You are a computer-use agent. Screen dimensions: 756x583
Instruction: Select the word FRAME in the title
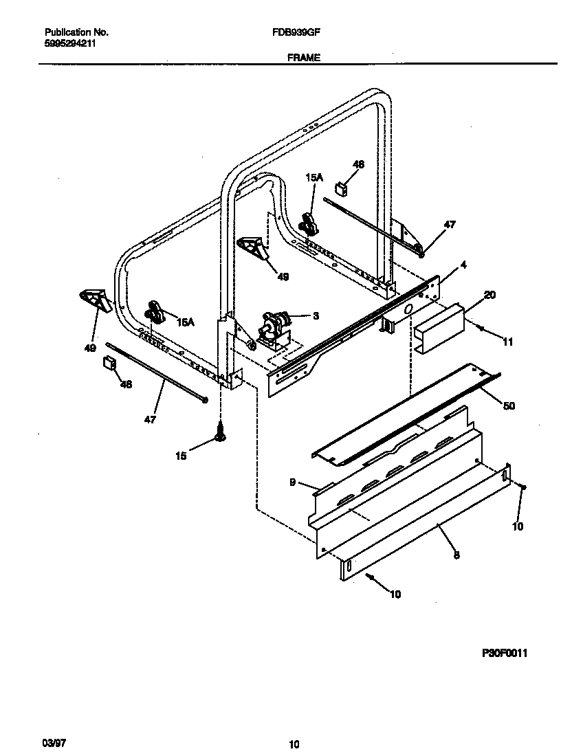[x=303, y=58]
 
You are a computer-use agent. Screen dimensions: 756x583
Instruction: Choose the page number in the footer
[x=294, y=744]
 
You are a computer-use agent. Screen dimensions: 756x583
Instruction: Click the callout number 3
[x=316, y=315]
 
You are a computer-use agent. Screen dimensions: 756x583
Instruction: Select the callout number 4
[x=463, y=265]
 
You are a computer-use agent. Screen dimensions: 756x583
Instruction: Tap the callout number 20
[x=489, y=295]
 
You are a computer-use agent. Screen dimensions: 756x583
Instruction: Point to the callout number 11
[x=508, y=341]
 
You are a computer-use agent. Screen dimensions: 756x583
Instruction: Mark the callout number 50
[x=508, y=406]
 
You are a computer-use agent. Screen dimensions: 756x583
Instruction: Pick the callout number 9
[x=292, y=482]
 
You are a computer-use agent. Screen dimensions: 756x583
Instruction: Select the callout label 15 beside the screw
[x=180, y=456]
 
